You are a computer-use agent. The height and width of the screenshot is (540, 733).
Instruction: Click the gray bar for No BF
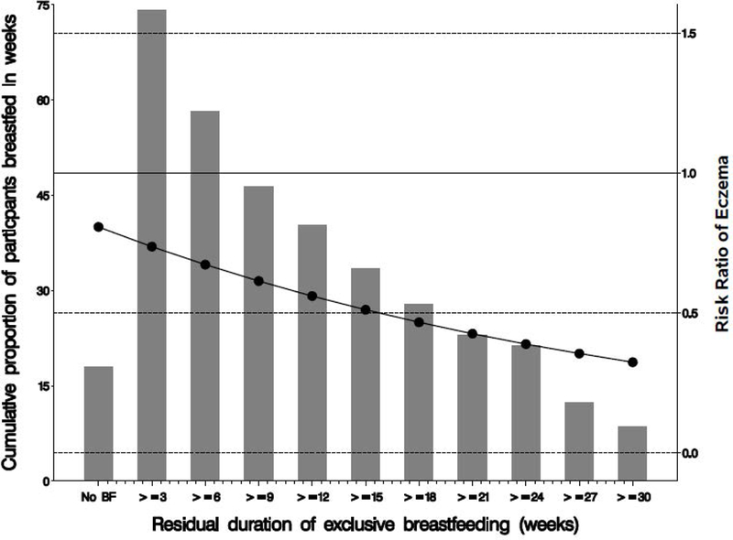(98, 423)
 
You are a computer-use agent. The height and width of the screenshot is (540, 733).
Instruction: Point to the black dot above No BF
(98, 227)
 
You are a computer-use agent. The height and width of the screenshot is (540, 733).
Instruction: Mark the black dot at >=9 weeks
(258, 281)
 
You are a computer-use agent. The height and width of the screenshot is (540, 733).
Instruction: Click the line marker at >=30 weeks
(632, 362)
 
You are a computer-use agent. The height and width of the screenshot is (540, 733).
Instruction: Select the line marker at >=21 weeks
(472, 334)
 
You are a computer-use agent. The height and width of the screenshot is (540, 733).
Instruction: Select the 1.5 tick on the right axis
(692, 34)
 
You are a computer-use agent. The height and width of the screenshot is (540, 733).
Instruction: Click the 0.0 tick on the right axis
(692, 453)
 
